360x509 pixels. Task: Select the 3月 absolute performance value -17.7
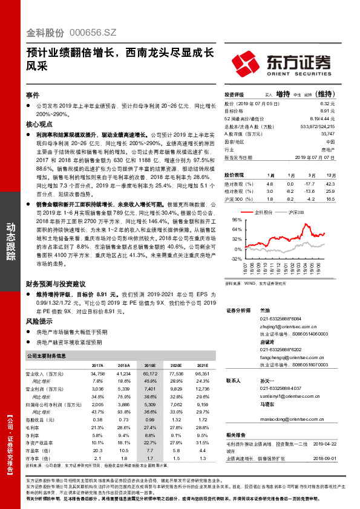pyautogui.click(x=311, y=183)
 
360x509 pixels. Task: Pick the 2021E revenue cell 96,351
pyautogui.click(x=200, y=375)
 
